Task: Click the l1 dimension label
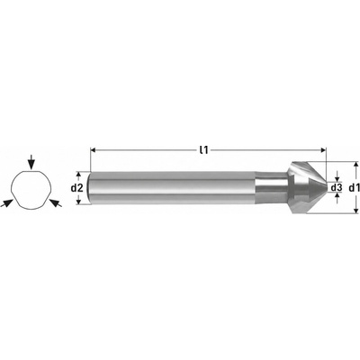coord(203,150)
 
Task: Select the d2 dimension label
coord(76,188)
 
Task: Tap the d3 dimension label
coord(337,188)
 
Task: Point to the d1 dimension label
coord(355,188)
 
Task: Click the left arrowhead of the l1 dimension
coord(93,150)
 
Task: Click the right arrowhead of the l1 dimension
coord(323,150)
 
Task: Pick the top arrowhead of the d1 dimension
coord(355,165)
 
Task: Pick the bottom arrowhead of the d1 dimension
coord(355,211)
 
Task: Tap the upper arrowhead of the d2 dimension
coord(78,175)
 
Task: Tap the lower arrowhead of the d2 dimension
coord(78,202)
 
